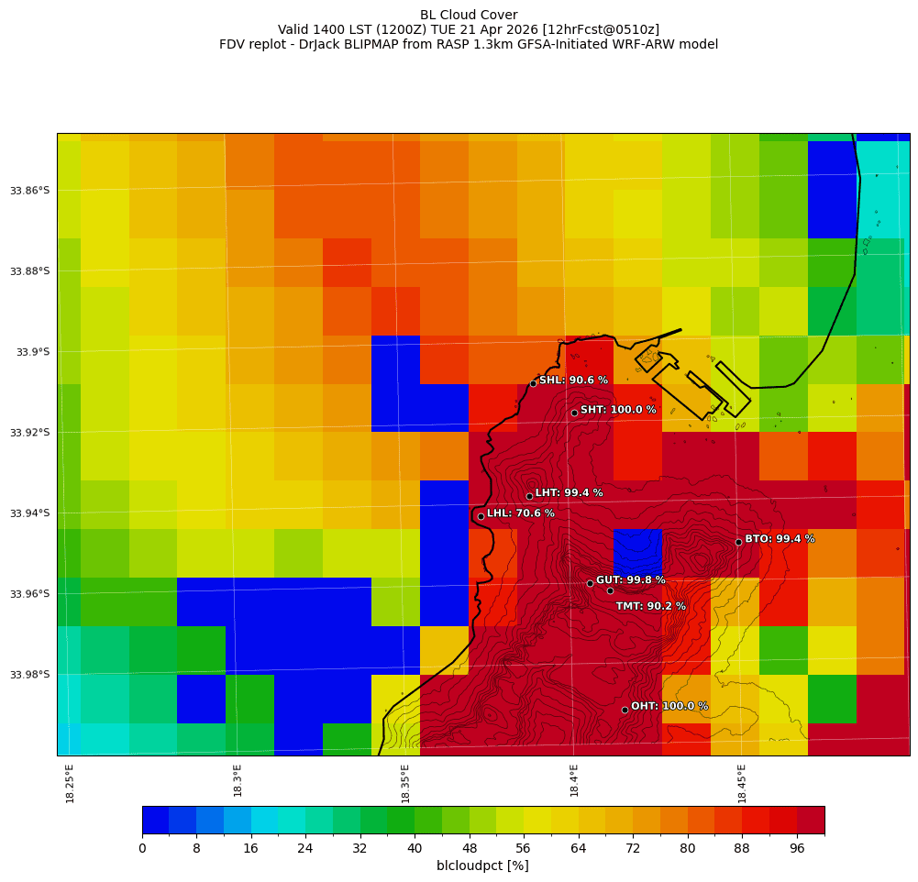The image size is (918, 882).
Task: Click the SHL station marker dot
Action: pos(533,383)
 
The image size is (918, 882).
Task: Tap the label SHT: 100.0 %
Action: pos(618,410)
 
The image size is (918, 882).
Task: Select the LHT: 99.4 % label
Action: pos(569,493)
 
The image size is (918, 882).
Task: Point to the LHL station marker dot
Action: pos(481,516)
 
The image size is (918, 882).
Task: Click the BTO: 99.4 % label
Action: pos(780,539)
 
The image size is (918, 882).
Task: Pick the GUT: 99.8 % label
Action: pos(631,580)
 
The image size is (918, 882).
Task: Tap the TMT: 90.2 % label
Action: pos(650,606)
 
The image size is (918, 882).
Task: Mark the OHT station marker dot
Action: pos(625,710)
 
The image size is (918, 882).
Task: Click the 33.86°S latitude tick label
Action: pos(30,191)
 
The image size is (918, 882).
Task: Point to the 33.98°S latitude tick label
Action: pos(30,675)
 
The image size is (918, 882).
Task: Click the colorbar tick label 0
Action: pos(142,849)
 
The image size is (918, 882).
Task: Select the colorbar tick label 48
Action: pos(470,849)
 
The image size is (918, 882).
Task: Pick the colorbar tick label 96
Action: pos(797,849)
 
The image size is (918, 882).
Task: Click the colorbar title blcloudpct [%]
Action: pos(482,865)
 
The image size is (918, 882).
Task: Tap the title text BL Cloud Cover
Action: pos(469,15)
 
